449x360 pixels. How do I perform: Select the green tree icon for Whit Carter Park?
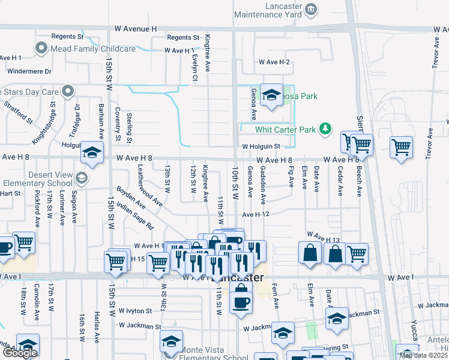point(325,129)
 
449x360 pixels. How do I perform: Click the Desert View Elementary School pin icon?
point(82,178)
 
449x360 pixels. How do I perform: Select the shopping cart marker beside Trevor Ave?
point(401,147)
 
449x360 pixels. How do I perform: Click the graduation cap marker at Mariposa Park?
point(271,95)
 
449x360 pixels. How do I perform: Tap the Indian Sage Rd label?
point(135,217)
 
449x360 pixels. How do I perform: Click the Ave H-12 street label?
point(259,214)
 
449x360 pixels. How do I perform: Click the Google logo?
point(19,353)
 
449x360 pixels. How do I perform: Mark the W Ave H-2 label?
point(274,62)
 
